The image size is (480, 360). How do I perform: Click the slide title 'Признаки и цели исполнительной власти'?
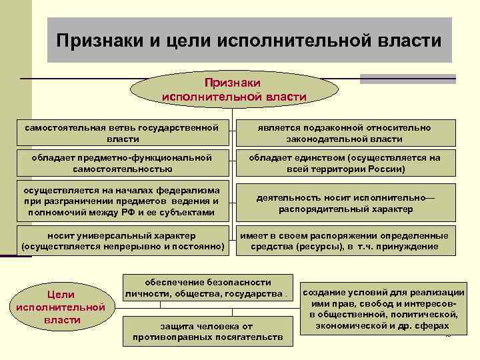[249, 41]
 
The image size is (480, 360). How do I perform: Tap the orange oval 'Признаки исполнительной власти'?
[233, 89]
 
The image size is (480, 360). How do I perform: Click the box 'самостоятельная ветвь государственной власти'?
[122, 133]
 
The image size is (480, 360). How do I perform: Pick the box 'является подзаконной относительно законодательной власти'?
[345, 133]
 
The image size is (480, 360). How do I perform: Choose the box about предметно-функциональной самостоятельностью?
[122, 163]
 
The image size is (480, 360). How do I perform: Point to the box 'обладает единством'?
[345, 163]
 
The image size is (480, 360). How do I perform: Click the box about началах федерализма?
[122, 200]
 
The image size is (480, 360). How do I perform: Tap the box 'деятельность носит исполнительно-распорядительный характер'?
[345, 203]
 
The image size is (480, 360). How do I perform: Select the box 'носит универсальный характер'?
[122, 241]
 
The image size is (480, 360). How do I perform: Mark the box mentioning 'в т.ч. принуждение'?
[345, 241]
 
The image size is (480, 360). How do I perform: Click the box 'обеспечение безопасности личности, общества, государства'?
[207, 288]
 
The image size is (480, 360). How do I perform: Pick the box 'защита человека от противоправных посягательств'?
[207, 331]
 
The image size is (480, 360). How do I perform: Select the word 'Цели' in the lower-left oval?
[59, 294]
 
